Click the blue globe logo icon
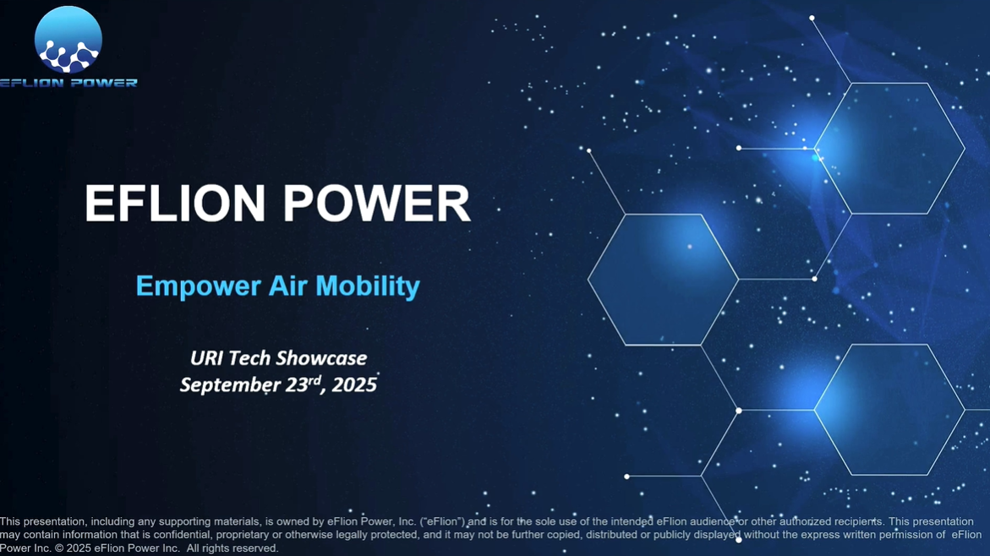click(x=68, y=40)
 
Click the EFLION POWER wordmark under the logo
click(x=68, y=83)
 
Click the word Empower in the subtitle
click(x=198, y=286)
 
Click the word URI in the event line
click(x=206, y=358)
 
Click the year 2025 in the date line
click(x=354, y=385)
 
